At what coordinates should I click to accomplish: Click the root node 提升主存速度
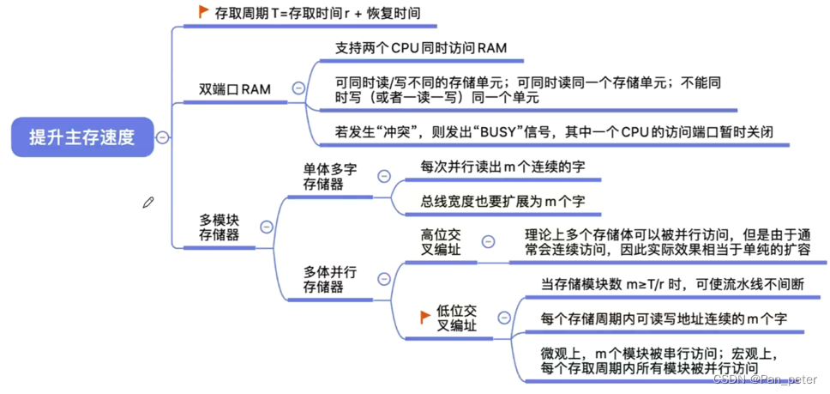coord(81,136)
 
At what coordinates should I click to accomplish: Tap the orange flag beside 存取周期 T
coord(203,12)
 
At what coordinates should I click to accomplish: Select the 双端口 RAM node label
coord(234,88)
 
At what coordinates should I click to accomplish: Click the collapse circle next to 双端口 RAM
coord(298,88)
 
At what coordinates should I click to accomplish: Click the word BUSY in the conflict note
coord(491,133)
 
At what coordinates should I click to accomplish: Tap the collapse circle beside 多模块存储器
coord(266,227)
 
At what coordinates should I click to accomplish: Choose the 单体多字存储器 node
coord(329,177)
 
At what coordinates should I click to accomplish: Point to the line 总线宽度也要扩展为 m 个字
coord(501,203)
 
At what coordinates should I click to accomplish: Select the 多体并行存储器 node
coord(329,279)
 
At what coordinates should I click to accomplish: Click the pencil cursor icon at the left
coord(148,203)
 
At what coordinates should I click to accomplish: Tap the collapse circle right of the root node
coord(162,137)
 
